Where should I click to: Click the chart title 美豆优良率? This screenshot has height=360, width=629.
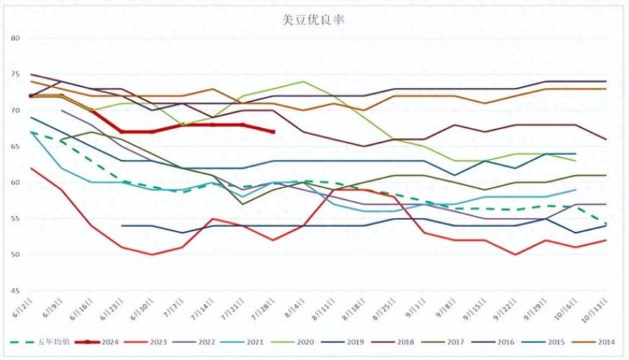click(x=314, y=20)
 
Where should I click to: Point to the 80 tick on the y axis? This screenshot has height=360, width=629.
click(x=17, y=38)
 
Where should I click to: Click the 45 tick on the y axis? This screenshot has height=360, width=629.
click(x=17, y=291)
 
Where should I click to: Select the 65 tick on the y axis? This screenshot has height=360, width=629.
click(x=17, y=146)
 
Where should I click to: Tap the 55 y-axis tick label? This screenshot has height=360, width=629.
click(x=17, y=218)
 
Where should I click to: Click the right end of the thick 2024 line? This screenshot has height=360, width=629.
click(x=273, y=132)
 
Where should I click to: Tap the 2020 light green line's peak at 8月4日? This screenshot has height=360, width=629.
click(x=303, y=81)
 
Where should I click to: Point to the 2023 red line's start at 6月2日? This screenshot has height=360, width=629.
click(x=30, y=168)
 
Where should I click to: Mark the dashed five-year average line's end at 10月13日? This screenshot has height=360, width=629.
click(x=605, y=223)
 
